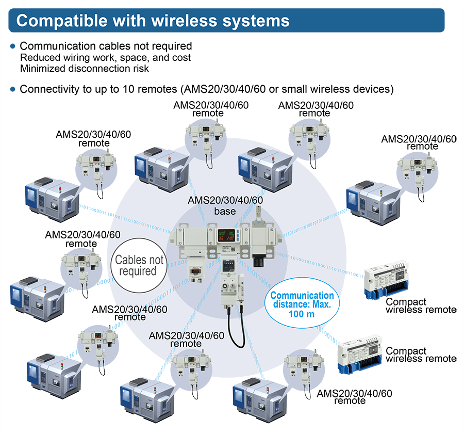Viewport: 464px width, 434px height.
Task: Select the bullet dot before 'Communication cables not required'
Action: tap(13, 46)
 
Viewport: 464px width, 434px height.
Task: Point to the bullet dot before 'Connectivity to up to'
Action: tap(13, 89)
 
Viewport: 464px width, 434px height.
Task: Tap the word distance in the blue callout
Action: tap(288, 306)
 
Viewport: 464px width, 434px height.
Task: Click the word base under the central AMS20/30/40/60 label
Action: tap(225, 212)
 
